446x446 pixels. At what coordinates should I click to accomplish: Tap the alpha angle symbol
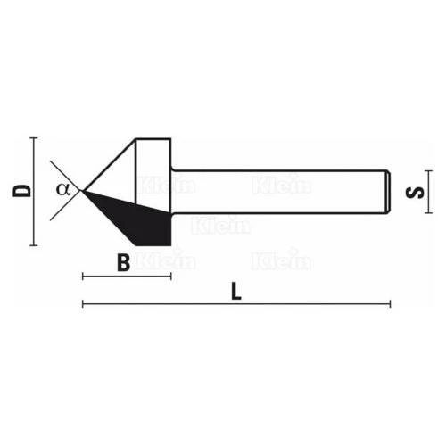tap(62, 188)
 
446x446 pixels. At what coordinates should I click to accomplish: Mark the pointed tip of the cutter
tap(82, 190)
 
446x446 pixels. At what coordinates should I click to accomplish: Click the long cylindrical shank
tap(277, 190)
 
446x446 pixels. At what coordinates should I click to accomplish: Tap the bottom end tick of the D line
tap(33, 245)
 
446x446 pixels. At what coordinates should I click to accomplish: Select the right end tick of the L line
tap(390, 304)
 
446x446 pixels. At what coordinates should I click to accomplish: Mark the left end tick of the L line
tap(83, 304)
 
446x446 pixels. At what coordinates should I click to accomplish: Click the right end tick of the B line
tap(170, 277)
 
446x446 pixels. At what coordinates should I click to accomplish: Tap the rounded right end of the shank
tap(387, 190)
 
